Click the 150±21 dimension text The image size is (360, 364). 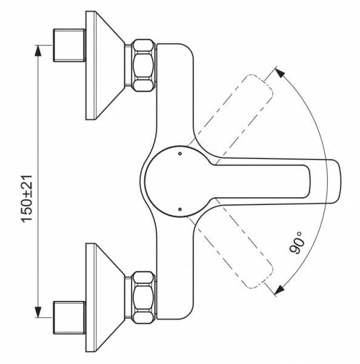pos(27,199)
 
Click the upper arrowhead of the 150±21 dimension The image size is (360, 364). pos(38,50)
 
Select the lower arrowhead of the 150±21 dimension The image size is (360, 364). pos(38,312)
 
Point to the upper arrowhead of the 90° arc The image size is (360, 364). pos(280,73)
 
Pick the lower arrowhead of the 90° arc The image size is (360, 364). pos(280,290)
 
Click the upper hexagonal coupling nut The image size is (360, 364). pos(144,66)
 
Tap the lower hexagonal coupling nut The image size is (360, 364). pos(144,298)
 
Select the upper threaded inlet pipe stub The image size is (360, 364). pos(70,45)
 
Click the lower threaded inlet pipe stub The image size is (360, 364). pos(70,318)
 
